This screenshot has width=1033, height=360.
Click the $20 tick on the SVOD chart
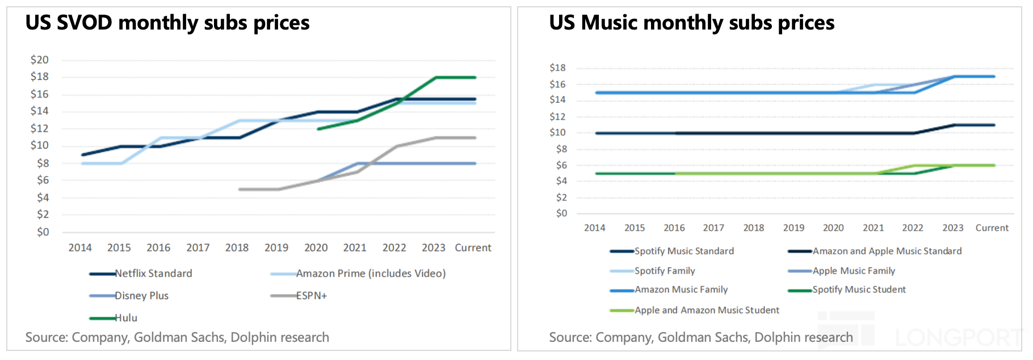point(40,60)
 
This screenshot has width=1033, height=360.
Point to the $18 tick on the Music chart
point(557,68)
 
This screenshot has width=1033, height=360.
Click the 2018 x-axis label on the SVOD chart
point(237,248)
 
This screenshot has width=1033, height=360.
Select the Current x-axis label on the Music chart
point(992,228)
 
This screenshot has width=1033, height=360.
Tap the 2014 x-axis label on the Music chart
point(594,228)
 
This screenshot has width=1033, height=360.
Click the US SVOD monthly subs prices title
point(167,23)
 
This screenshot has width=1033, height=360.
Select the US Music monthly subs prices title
point(691,23)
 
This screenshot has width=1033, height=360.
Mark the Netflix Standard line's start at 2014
point(83,154)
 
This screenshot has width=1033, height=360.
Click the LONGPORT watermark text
point(959,338)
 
